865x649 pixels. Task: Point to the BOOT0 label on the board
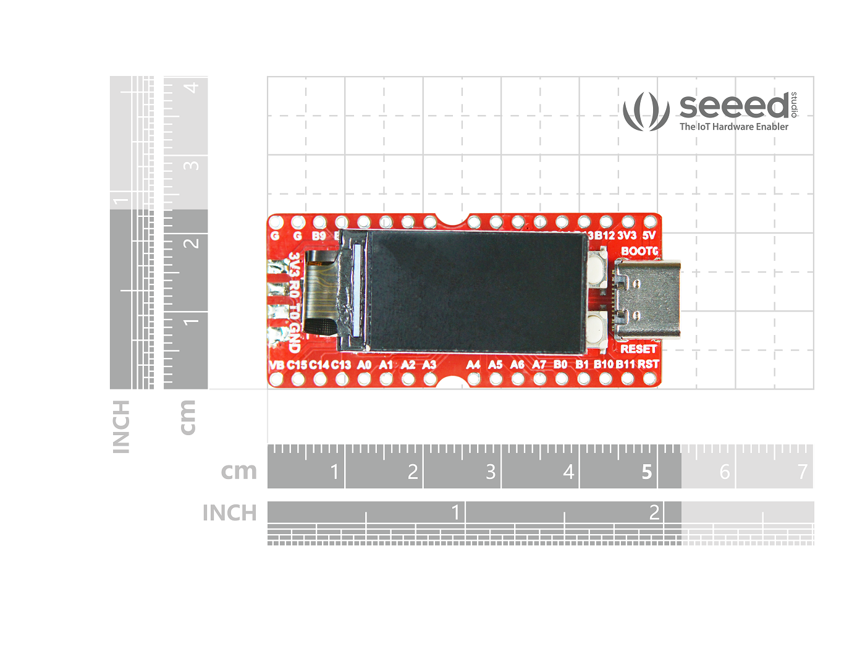639,251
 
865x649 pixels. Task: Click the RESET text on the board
638,349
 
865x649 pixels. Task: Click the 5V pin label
649,235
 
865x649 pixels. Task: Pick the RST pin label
648,364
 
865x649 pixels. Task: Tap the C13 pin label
341,365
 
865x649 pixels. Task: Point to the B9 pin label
319,236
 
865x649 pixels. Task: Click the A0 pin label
365,365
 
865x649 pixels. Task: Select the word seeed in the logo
734,106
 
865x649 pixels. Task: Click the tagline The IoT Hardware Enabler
734,127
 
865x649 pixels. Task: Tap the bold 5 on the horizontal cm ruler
646,472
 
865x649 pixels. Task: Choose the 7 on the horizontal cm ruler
802,472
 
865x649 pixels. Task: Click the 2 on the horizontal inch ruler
654,512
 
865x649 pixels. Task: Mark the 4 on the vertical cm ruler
192,87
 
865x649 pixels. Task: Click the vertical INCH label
121,426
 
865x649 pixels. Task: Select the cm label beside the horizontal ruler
238,471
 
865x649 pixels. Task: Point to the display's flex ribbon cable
318,291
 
